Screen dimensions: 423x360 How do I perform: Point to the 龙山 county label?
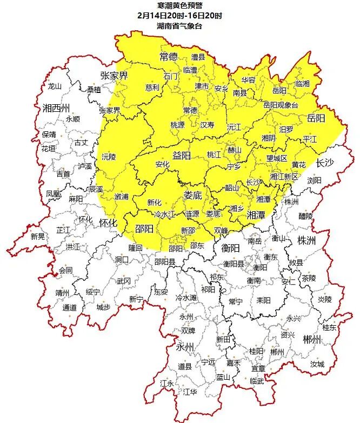pos(55,86)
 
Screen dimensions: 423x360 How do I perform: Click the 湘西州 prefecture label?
pos(57,107)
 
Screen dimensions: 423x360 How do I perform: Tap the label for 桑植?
pos(94,90)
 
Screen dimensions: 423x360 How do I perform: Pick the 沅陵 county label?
pos(109,157)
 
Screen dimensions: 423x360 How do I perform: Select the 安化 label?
pos(162,164)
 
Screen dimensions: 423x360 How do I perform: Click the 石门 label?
pos(171,76)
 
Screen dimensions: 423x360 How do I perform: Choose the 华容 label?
pos(248,79)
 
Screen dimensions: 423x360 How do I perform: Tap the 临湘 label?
pos(303,84)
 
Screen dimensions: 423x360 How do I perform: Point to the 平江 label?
pos(310,139)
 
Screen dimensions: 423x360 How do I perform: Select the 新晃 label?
pos(38,236)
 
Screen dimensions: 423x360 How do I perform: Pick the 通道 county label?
pos(69,307)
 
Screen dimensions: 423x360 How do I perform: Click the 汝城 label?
pos(317,364)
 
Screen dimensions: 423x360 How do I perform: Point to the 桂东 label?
pos(329,327)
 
